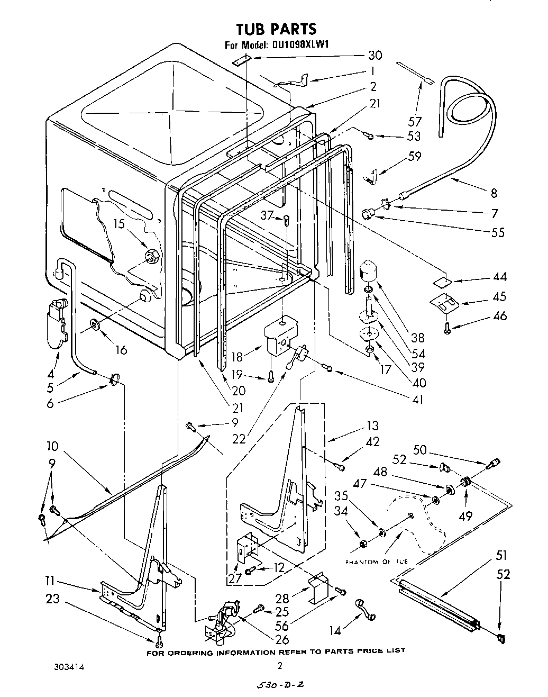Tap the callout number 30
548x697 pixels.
coord(375,55)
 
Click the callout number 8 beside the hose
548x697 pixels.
coord(494,193)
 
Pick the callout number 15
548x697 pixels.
coord(120,224)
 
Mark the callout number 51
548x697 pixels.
coord(501,556)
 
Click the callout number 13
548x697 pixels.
coord(373,425)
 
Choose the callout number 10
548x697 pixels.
coord(52,446)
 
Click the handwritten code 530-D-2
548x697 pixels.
coord(280,685)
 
